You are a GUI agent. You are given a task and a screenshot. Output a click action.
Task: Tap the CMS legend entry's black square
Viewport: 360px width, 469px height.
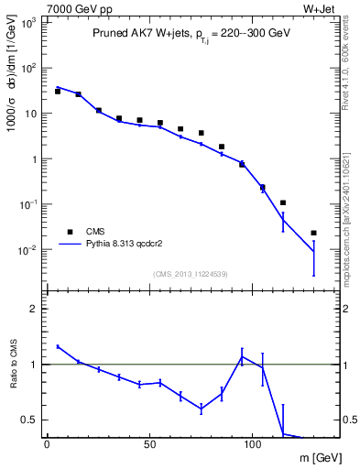(67, 232)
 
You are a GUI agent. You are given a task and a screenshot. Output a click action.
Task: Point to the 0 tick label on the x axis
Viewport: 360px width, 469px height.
(47, 444)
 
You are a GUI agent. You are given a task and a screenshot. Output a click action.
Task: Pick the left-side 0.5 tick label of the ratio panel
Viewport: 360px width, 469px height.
(28, 420)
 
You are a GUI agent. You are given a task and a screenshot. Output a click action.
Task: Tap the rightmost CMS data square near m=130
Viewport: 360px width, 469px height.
(313, 233)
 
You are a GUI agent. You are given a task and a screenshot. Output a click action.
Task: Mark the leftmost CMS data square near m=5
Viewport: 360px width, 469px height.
(57, 92)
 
